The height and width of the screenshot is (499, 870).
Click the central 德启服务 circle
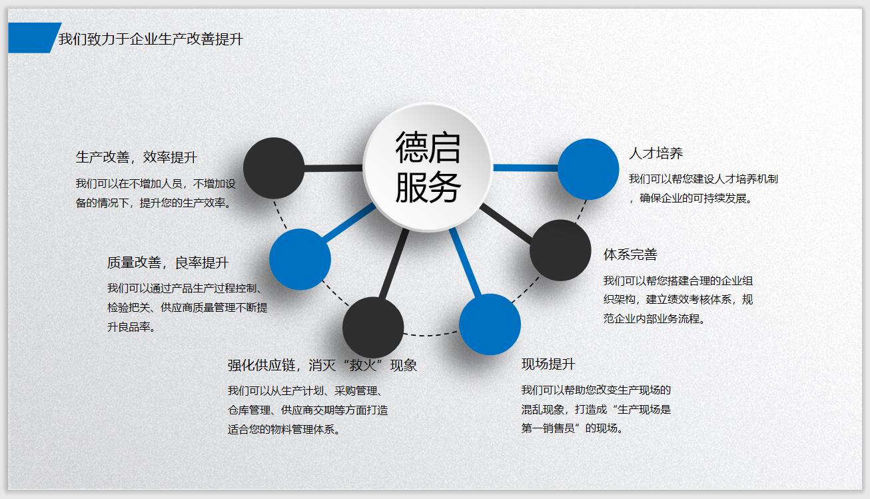[428, 167]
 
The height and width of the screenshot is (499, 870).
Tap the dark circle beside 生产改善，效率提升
[274, 168]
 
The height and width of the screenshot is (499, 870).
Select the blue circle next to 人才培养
[588, 169]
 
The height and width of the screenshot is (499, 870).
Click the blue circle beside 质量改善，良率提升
[300, 259]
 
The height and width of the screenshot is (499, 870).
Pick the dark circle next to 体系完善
[560, 250]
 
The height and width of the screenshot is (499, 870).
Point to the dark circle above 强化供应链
[373, 327]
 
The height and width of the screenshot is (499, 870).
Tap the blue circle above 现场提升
[490, 324]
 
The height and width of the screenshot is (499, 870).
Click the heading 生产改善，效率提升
[137, 157]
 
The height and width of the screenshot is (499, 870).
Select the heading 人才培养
[655, 153]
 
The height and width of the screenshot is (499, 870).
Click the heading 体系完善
[630, 254]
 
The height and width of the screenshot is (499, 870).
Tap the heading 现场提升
[548, 364]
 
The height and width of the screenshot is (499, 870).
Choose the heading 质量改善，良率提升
[168, 263]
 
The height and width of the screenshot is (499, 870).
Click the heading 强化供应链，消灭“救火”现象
[322, 365]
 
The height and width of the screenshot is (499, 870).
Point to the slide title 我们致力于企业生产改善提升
[151, 39]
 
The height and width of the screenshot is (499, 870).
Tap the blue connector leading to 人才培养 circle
[526, 168]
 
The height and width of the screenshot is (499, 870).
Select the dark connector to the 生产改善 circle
[333, 168]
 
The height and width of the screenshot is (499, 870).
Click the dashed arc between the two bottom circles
[431, 334]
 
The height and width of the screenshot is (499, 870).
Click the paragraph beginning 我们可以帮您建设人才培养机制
[703, 189]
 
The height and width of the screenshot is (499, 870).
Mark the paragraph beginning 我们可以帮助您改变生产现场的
[596, 409]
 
